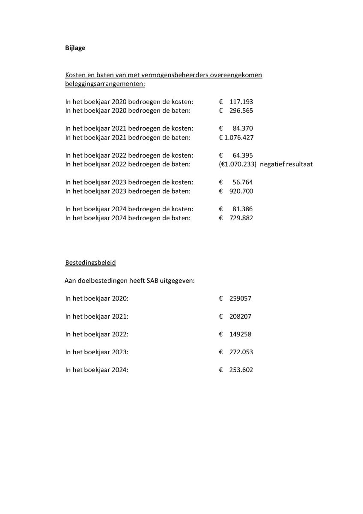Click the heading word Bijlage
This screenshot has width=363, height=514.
(75, 48)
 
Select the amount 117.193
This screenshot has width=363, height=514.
(241, 102)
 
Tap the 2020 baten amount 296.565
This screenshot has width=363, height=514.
(241, 111)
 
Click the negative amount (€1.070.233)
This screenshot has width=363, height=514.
(237, 164)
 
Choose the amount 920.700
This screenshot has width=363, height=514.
(241, 191)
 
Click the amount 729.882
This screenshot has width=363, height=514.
(241, 218)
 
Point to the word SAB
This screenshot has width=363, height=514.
(153, 281)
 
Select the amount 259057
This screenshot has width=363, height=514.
(241, 298)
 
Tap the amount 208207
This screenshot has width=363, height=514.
(241, 316)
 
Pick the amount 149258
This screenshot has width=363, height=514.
(241, 334)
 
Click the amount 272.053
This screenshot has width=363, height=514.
(241, 352)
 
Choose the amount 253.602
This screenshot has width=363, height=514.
(241, 370)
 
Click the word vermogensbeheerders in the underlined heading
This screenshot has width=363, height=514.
(162, 75)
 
